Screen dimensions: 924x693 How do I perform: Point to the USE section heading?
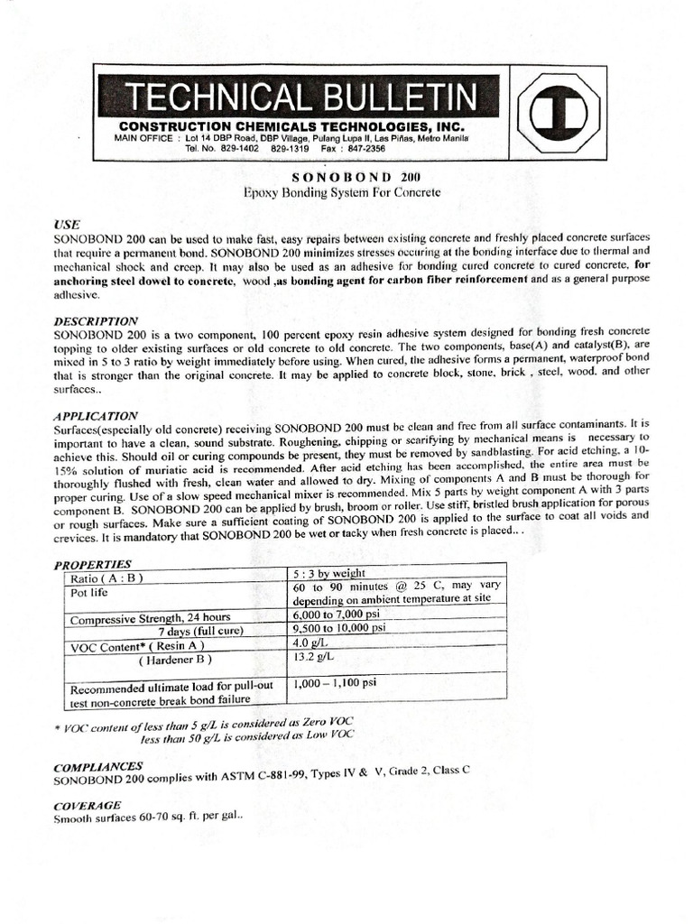coord(67,223)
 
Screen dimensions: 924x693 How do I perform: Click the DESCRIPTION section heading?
coord(96,320)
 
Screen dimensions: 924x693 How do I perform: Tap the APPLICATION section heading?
coord(96,416)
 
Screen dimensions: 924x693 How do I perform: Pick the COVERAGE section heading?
coord(88,805)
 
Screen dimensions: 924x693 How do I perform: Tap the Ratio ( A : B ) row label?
coord(106,577)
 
